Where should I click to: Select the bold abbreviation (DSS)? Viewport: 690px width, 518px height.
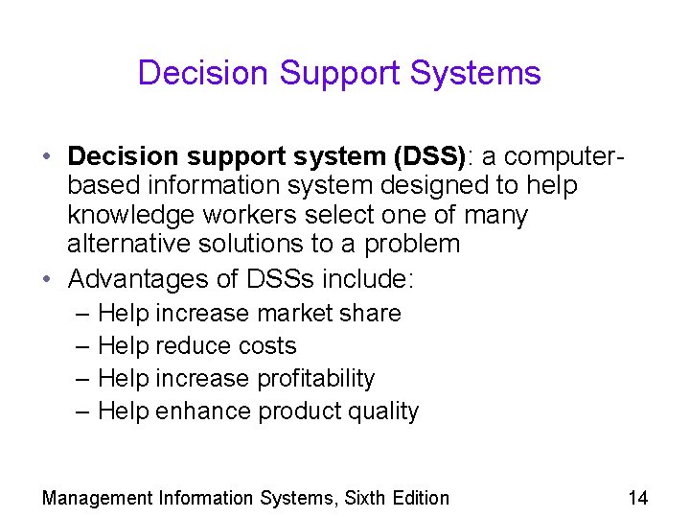pyautogui.click(x=422, y=155)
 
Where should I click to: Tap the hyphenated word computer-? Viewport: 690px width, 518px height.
pyautogui.click(x=557, y=155)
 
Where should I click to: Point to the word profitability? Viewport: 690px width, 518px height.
pyautogui.click(x=315, y=378)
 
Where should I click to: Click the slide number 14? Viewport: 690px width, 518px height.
pyautogui.click(x=637, y=497)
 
